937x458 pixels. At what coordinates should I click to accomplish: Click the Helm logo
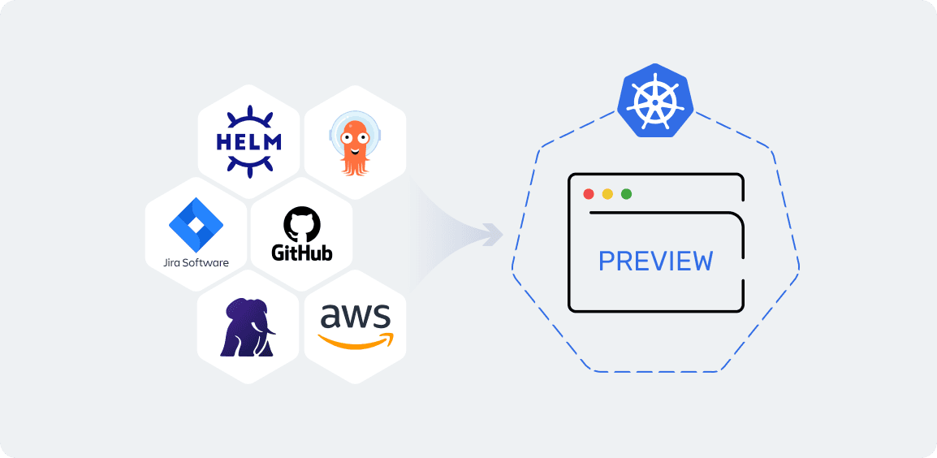(x=248, y=142)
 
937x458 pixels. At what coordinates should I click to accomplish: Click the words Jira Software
(x=195, y=262)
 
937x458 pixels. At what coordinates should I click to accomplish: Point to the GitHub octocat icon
(x=302, y=224)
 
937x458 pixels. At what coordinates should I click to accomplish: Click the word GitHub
(x=302, y=253)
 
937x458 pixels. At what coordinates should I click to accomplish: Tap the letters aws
(x=355, y=317)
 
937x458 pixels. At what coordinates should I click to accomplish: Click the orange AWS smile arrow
(x=355, y=342)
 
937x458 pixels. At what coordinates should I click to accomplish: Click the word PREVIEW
(x=655, y=261)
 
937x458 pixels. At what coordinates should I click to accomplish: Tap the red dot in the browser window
(x=589, y=194)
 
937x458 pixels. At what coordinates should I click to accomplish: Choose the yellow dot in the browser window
(x=607, y=194)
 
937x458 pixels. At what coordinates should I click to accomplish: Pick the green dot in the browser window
(x=626, y=194)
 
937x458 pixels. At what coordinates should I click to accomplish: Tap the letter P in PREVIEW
(x=607, y=261)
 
